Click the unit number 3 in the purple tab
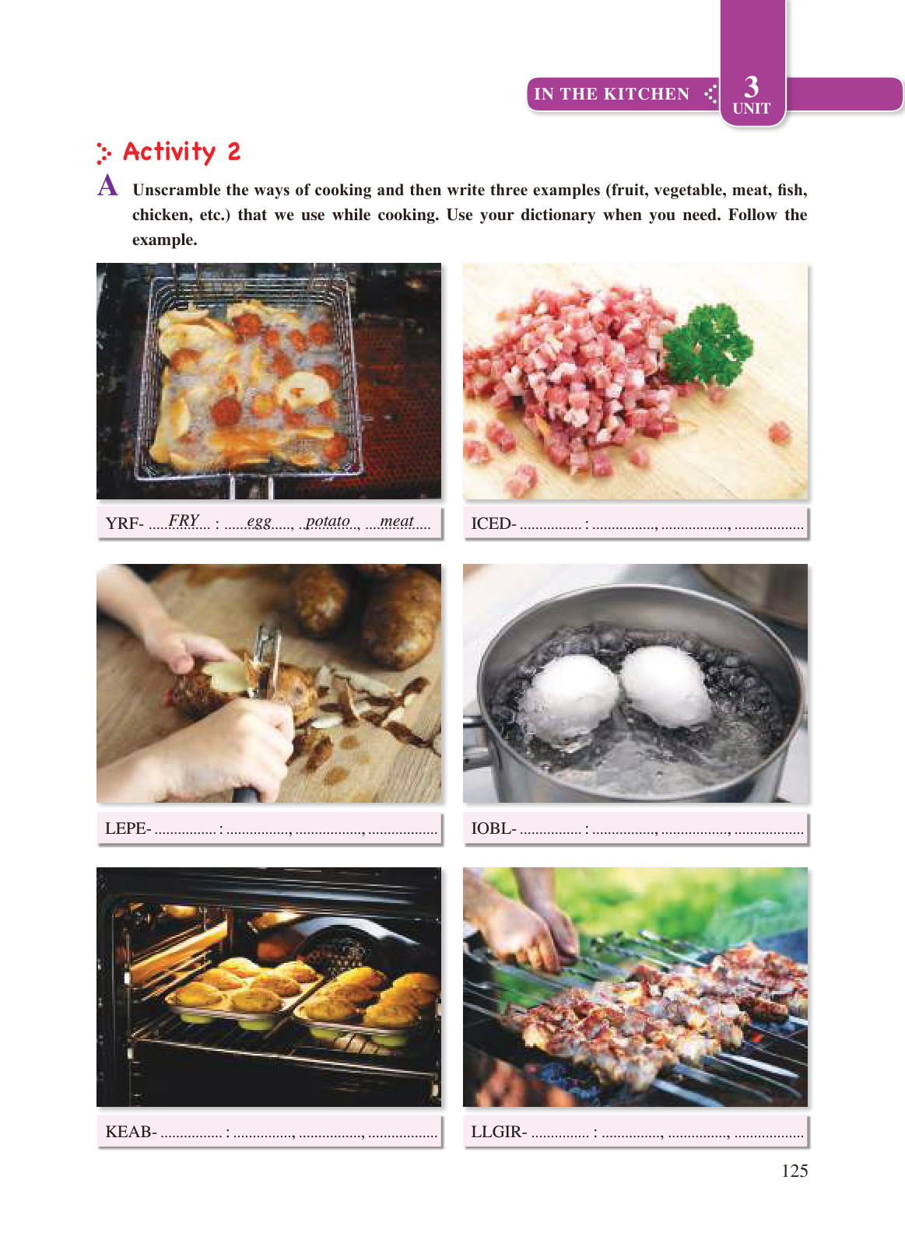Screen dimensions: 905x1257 [751, 87]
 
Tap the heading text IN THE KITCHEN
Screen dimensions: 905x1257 [612, 93]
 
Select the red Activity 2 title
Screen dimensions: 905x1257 [182, 152]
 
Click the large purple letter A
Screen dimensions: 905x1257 [108, 185]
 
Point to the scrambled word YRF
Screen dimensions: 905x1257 [122, 523]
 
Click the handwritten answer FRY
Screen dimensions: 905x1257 [184, 520]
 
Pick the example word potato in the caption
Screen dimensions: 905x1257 [328, 521]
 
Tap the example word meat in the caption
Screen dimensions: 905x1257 [396, 520]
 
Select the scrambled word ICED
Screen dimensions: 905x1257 [491, 523]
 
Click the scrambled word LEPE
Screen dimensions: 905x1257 [126, 828]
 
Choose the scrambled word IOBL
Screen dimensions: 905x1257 [491, 828]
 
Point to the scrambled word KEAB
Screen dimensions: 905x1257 [128, 1131]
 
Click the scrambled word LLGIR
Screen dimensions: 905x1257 [496, 1132]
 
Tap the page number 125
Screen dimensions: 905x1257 [795, 1171]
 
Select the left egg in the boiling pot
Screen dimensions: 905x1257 [570, 699]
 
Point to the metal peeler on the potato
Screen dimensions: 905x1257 [264, 662]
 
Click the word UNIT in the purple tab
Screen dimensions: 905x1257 [751, 108]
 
